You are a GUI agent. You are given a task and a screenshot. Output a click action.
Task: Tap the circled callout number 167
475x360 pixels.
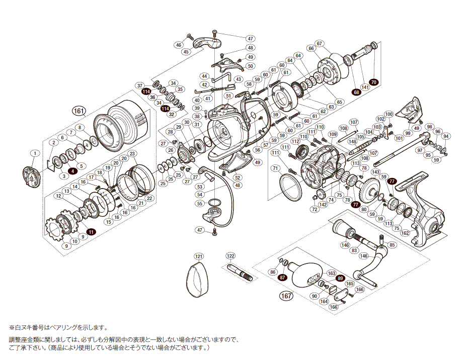point(286,296)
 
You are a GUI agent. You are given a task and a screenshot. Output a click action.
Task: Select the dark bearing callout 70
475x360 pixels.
point(373,82)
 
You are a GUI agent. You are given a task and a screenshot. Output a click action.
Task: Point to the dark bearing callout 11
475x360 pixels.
point(91,232)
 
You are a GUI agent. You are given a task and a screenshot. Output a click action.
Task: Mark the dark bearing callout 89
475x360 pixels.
point(340,278)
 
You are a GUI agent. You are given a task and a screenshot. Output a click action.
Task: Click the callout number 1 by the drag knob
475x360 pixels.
point(34,153)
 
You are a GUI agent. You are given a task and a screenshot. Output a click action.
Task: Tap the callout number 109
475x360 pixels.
point(333,134)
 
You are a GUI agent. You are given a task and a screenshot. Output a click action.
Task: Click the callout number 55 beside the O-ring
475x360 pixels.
point(199,204)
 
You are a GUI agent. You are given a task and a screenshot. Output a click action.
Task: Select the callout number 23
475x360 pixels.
point(132,154)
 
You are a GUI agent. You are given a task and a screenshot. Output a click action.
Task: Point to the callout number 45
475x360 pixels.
point(186,52)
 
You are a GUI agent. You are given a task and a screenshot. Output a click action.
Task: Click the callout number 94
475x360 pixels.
point(446,136)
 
